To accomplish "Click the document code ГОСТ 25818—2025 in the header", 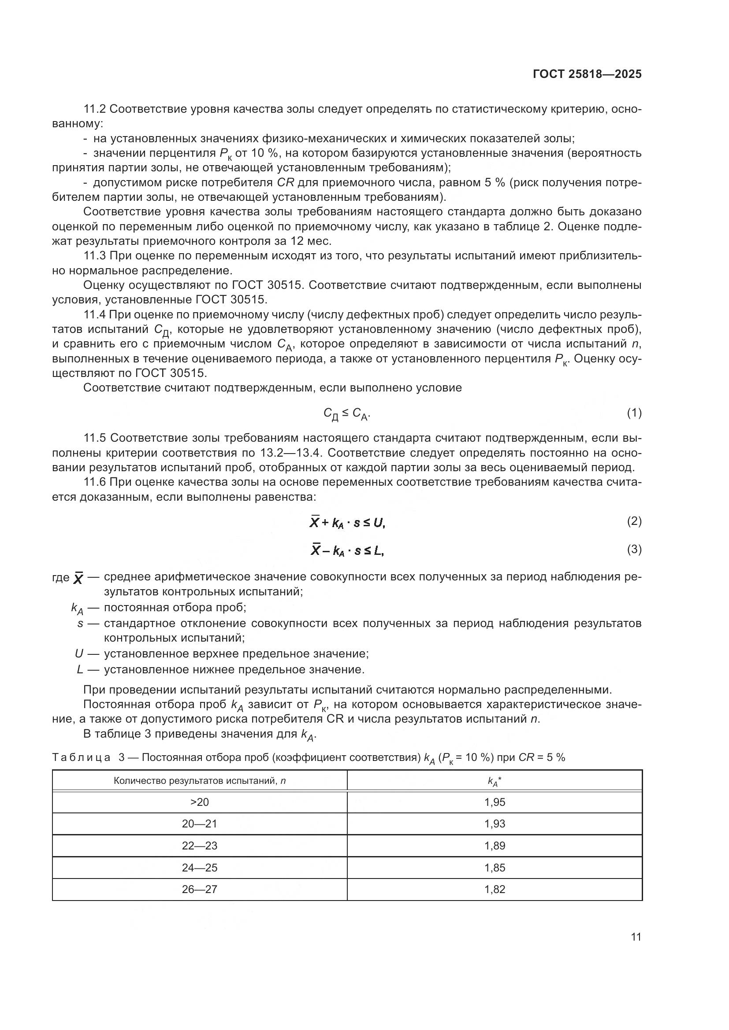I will (x=587, y=74).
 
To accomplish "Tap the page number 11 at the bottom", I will (x=636, y=937).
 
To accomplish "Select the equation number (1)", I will (x=634, y=413).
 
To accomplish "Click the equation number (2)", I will (x=634, y=521).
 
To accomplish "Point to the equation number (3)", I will (x=634, y=549).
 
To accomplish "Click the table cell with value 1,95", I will (x=494, y=802).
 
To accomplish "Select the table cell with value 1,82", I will (x=494, y=889).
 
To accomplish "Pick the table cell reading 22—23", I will (x=199, y=845).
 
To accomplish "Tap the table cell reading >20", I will (x=199, y=802).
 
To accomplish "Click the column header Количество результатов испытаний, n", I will (x=199, y=781).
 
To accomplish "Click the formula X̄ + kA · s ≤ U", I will (x=347, y=522).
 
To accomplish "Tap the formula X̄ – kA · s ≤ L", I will (x=347, y=550).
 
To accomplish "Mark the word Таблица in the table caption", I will (x=81, y=758).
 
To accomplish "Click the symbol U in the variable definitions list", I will (x=79, y=653).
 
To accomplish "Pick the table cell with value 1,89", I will (x=494, y=845).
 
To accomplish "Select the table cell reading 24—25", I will (x=199, y=868).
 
